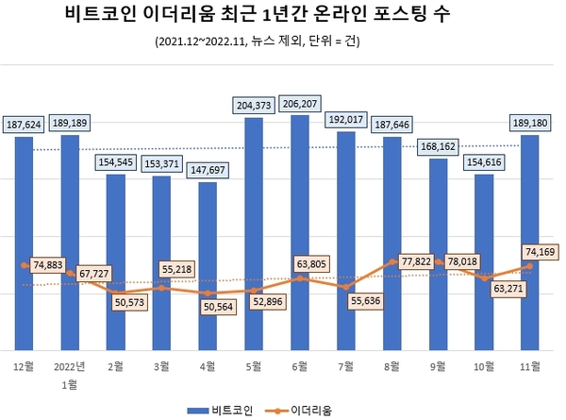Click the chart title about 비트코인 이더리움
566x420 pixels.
(x=283, y=15)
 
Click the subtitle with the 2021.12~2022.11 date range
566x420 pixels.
(x=283, y=42)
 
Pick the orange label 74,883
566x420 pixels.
(x=51, y=265)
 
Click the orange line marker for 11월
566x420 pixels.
(x=532, y=266)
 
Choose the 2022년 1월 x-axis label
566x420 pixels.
(x=70, y=372)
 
